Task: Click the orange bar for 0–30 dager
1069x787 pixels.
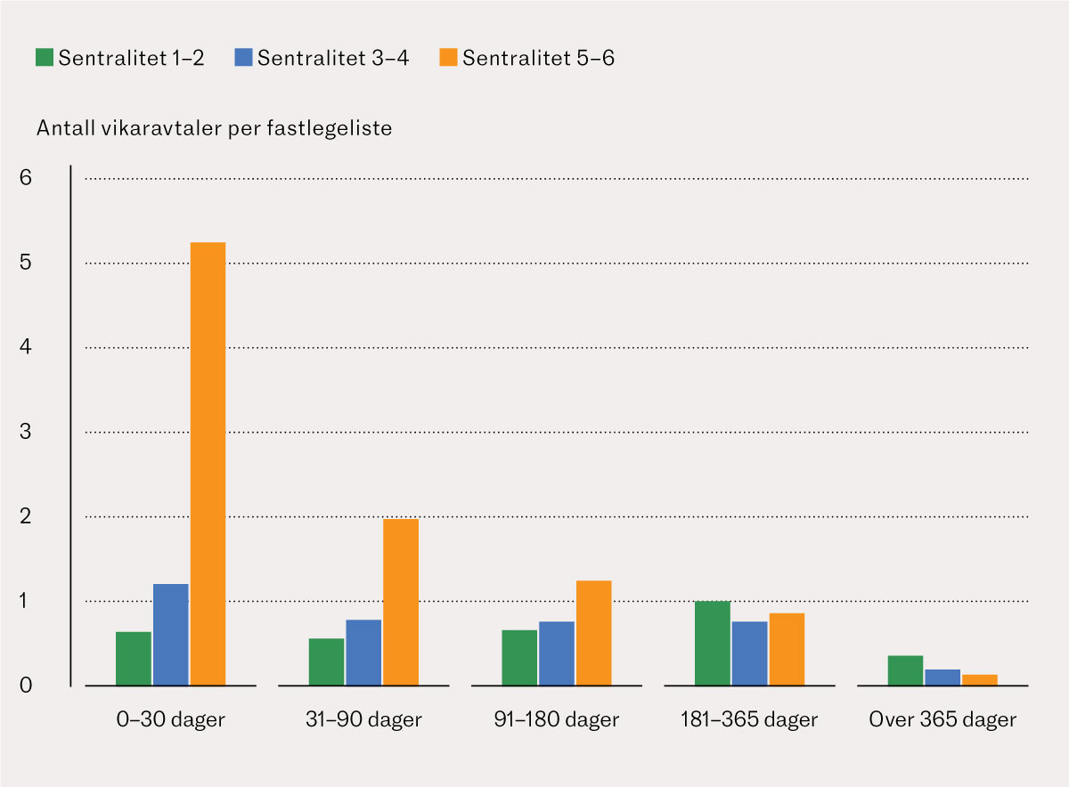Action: coord(208,463)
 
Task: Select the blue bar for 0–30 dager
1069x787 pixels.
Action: coord(170,634)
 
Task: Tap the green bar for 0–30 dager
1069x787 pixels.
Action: coord(133,658)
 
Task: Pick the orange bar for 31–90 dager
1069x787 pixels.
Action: coord(400,602)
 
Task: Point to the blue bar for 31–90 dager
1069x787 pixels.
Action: coord(363,652)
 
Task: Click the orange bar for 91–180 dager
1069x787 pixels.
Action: coord(593,632)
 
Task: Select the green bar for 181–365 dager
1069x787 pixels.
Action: coord(712,643)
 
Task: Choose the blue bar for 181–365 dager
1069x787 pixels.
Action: coord(749,653)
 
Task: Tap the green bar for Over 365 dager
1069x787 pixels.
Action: coord(905,669)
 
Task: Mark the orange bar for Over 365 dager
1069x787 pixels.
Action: coord(980,679)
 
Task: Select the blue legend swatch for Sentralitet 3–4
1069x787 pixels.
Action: coord(243,58)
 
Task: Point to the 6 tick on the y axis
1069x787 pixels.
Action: coord(25,178)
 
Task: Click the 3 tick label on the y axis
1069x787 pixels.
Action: coord(25,432)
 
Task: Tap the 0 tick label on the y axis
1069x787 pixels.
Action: coord(25,686)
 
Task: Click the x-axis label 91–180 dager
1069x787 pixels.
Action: coord(557,719)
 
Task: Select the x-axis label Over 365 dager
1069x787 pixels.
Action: coord(942,719)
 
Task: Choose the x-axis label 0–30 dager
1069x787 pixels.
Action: coord(170,719)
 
